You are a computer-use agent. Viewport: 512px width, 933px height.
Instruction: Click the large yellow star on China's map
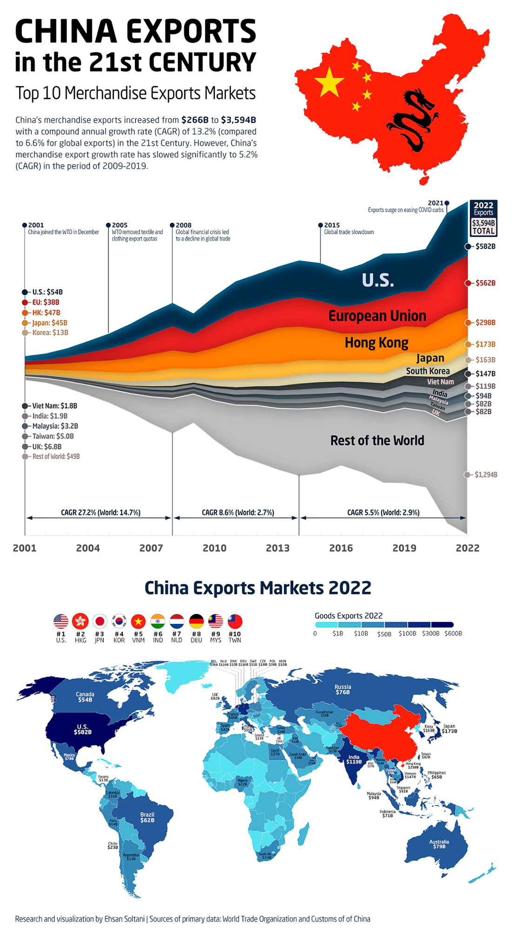329,81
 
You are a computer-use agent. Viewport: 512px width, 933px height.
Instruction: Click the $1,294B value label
485,474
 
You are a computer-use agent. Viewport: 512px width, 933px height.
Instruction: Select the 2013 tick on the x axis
277,548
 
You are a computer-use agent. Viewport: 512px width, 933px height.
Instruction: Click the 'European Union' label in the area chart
377,316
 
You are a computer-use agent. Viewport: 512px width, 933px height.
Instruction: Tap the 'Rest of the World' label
377,440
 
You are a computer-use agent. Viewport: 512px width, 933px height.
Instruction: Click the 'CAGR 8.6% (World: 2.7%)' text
238,512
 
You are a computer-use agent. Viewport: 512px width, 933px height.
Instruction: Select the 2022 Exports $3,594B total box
483,218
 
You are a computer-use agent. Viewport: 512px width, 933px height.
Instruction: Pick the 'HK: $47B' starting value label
46,312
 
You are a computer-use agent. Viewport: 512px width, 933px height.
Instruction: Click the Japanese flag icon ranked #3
100,621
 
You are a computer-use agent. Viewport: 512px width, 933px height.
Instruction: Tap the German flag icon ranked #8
196,621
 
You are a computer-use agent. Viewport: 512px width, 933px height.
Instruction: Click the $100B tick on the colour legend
407,633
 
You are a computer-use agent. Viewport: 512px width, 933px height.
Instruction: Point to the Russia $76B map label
343,690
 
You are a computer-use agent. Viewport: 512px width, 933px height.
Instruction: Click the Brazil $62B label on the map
147,817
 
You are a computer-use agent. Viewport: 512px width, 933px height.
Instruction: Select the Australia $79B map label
439,844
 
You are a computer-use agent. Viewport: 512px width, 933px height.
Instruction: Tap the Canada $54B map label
85,697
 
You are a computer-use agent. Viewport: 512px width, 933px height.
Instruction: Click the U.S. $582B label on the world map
82,729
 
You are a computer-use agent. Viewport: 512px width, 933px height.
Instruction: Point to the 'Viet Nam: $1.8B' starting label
54,406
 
